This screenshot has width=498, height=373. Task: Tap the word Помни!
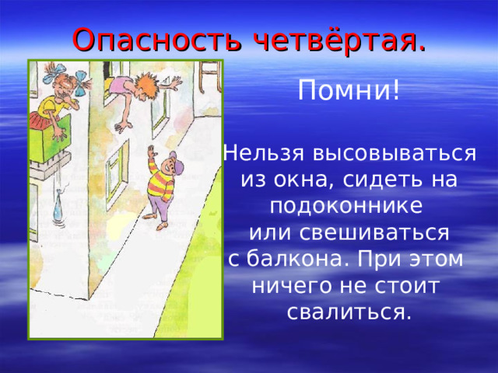(349, 92)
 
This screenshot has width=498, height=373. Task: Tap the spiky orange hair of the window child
(146, 80)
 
